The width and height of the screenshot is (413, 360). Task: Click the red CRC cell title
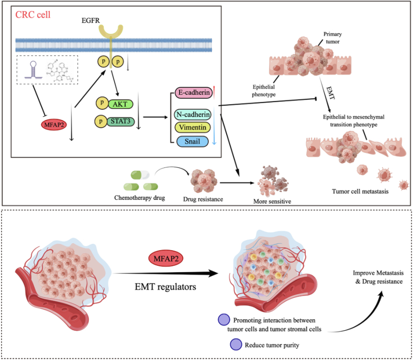pyautogui.click(x=32, y=15)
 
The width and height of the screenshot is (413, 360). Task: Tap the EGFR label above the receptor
pyautogui.click(x=91, y=20)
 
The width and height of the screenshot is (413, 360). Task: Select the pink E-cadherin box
pyautogui.click(x=194, y=93)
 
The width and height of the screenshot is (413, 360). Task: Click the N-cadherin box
pyautogui.click(x=193, y=115)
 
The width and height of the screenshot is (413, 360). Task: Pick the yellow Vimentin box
pyautogui.click(x=193, y=128)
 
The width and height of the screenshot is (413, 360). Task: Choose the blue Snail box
pyautogui.click(x=192, y=141)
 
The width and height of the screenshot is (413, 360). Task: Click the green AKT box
pyautogui.click(x=120, y=104)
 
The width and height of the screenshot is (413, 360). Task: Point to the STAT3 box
pyautogui.click(x=120, y=121)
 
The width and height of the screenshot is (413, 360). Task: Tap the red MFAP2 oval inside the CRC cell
pyautogui.click(x=54, y=125)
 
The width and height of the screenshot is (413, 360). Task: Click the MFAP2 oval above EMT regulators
pyautogui.click(x=166, y=258)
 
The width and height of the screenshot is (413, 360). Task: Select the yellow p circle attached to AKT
pyautogui.click(x=102, y=103)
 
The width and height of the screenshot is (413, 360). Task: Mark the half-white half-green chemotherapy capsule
pyautogui.click(x=140, y=175)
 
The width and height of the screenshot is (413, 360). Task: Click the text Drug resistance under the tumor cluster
pyautogui.click(x=203, y=199)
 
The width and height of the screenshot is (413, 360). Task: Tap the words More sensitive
pyautogui.click(x=272, y=201)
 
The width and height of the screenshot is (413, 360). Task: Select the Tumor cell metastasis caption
pyautogui.click(x=360, y=192)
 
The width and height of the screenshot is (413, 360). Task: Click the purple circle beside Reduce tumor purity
pyautogui.click(x=236, y=344)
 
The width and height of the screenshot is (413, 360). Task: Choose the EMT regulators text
pyautogui.click(x=165, y=287)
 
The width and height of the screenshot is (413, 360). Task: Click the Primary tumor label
pyautogui.click(x=333, y=38)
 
